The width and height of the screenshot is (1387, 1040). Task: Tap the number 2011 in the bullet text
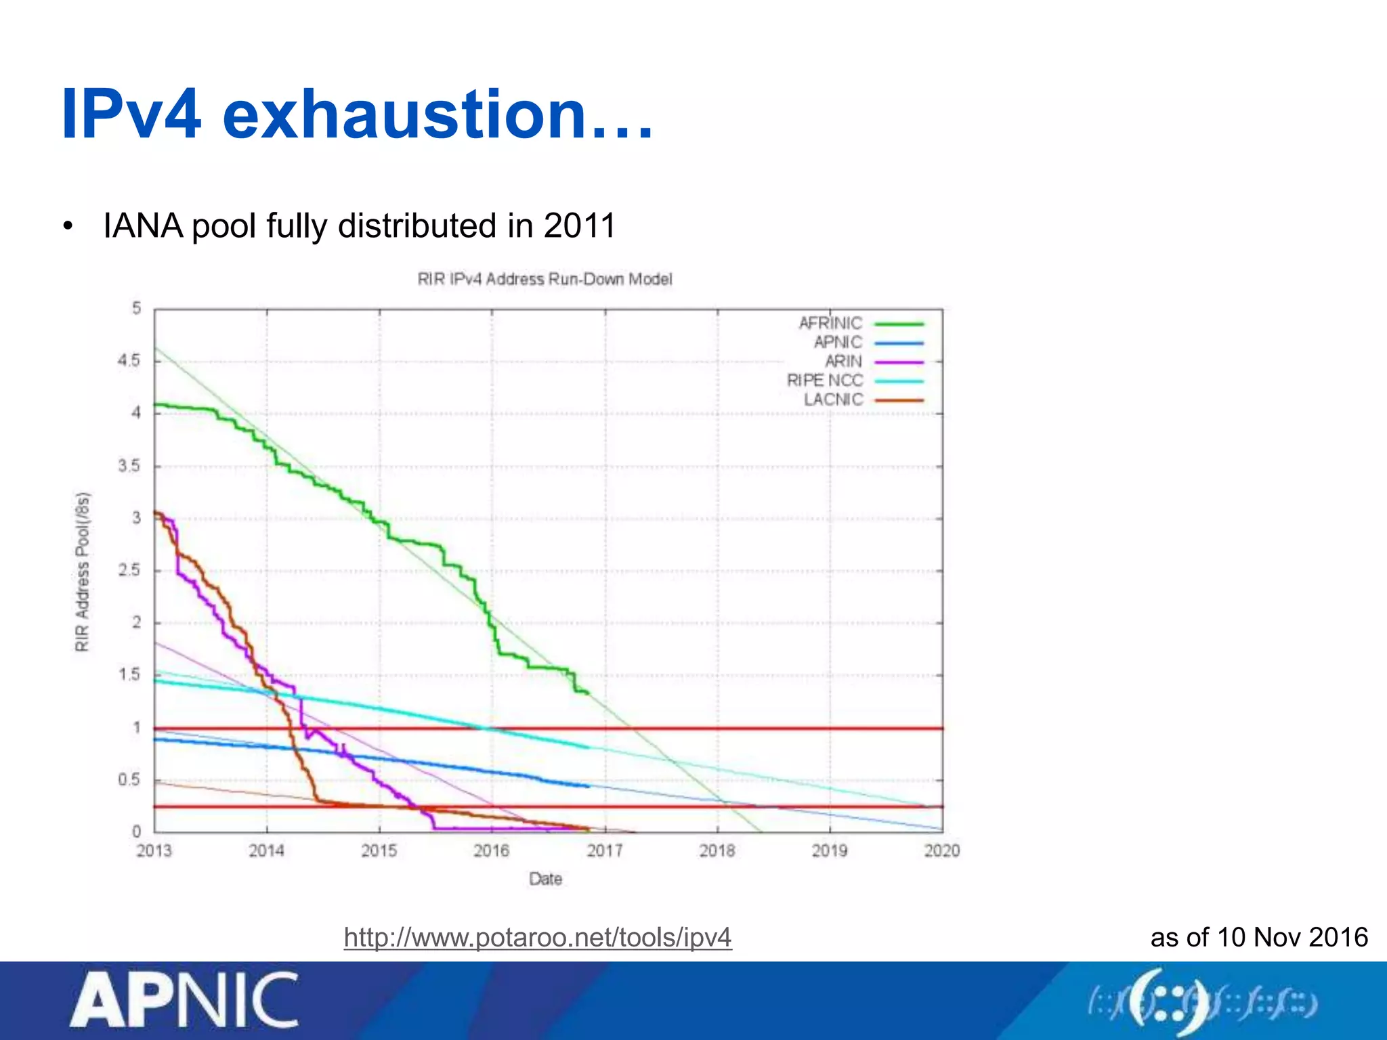pos(579,225)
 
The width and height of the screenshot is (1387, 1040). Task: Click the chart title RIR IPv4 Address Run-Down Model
pos(545,279)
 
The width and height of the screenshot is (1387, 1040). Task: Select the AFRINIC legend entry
pos(831,324)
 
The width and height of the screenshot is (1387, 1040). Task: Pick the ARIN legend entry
pos(843,362)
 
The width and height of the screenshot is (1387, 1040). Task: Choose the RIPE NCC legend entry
pos(825,381)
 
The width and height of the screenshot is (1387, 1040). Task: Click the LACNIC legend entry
pos(834,399)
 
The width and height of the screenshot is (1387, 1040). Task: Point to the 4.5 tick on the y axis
pos(129,360)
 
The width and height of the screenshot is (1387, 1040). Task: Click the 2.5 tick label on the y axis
pos(129,570)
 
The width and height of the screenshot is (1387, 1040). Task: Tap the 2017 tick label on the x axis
pos(604,850)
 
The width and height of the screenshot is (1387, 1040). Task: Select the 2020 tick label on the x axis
pos(941,850)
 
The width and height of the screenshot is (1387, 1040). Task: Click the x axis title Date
pos(545,879)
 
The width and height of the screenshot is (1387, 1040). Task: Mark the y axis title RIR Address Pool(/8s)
pos(82,572)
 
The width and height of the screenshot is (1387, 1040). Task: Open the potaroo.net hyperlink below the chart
pos(538,938)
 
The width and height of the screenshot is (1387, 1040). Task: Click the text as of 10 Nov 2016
pos(1259,937)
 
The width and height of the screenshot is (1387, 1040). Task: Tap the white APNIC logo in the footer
pos(184,1000)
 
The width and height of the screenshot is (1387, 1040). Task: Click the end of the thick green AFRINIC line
pos(588,693)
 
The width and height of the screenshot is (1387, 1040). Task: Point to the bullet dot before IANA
pos(67,227)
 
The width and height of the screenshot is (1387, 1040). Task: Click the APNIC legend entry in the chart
pos(838,343)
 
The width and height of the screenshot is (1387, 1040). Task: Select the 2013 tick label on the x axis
pos(154,850)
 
